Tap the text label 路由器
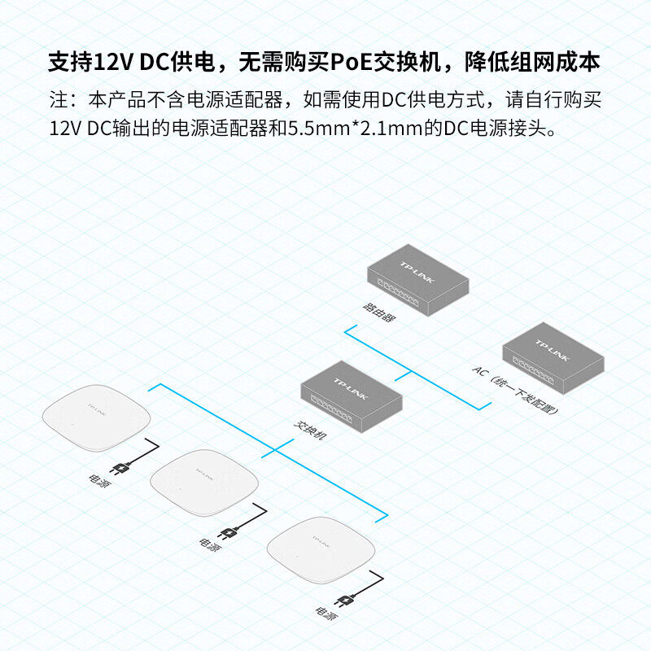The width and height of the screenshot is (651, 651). [378, 312]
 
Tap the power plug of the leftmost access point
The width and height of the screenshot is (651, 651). [121, 468]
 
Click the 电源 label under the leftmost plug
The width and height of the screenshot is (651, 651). [97, 480]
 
